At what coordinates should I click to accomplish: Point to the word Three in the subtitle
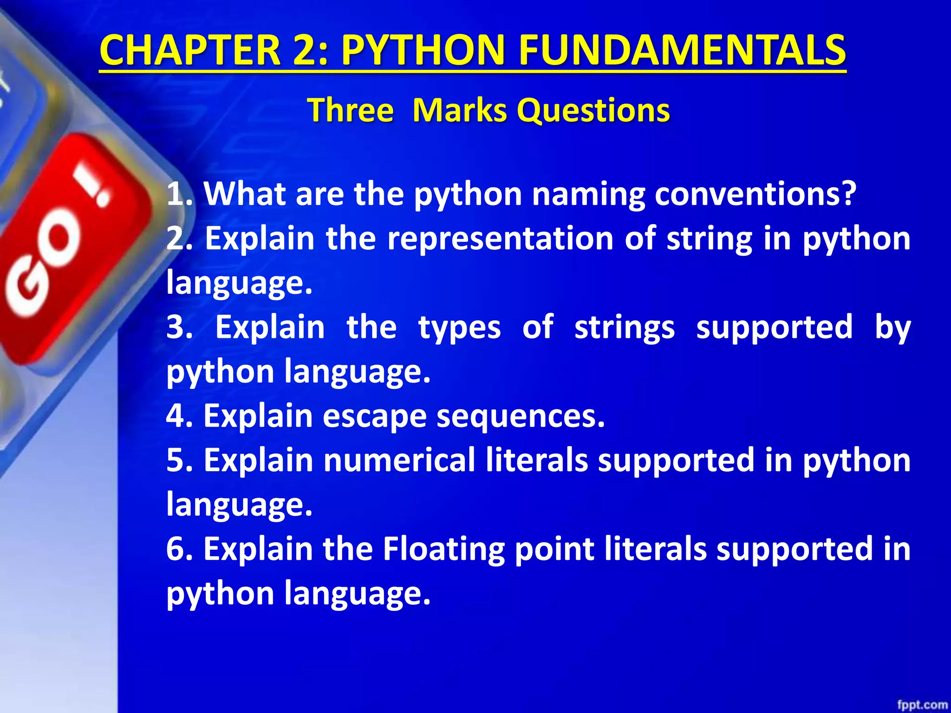click(x=351, y=110)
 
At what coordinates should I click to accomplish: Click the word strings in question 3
click(x=625, y=328)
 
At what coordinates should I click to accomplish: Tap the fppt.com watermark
click(x=922, y=705)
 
